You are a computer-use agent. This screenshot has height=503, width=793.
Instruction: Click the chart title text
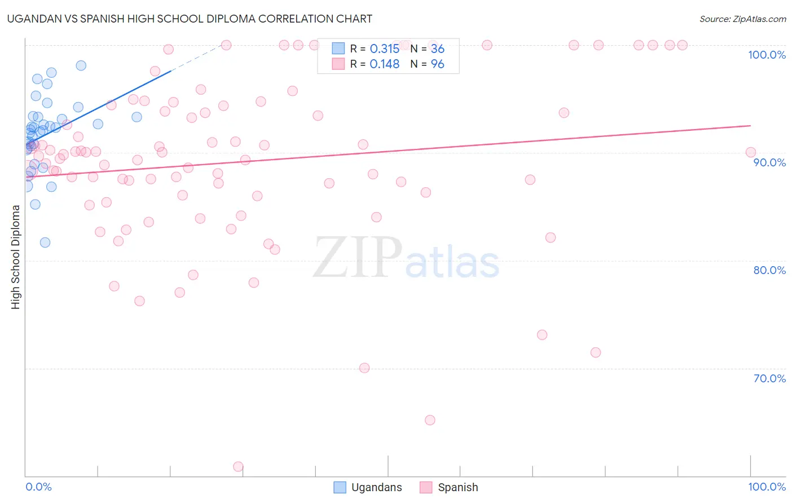[190, 19]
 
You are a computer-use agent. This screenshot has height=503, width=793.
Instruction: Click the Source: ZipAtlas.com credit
[742, 19]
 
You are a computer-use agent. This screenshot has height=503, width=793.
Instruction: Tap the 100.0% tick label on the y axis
[766, 55]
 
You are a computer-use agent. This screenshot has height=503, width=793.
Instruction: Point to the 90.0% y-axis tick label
[769, 162]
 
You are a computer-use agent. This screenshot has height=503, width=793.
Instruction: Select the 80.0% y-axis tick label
[769, 270]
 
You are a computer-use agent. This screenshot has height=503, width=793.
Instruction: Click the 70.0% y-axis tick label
[769, 378]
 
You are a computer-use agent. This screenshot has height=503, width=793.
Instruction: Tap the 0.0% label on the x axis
[38, 487]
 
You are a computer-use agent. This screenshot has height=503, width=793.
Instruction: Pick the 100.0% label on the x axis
[766, 487]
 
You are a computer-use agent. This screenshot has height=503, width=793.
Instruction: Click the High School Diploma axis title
[16, 257]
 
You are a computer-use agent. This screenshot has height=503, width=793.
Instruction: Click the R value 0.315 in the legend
[384, 49]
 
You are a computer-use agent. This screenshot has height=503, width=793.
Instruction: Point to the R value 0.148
[384, 64]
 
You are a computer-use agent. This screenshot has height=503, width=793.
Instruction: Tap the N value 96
[437, 64]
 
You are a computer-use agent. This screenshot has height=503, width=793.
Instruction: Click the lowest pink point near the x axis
[238, 467]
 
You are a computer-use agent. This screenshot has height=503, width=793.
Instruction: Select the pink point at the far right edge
[750, 152]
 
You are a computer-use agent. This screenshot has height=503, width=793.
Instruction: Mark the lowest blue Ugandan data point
[45, 242]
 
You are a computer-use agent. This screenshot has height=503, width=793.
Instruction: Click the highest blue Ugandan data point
[81, 65]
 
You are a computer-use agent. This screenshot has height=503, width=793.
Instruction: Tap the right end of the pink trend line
[750, 126]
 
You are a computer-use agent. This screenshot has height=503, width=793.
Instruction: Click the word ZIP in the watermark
[358, 257]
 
